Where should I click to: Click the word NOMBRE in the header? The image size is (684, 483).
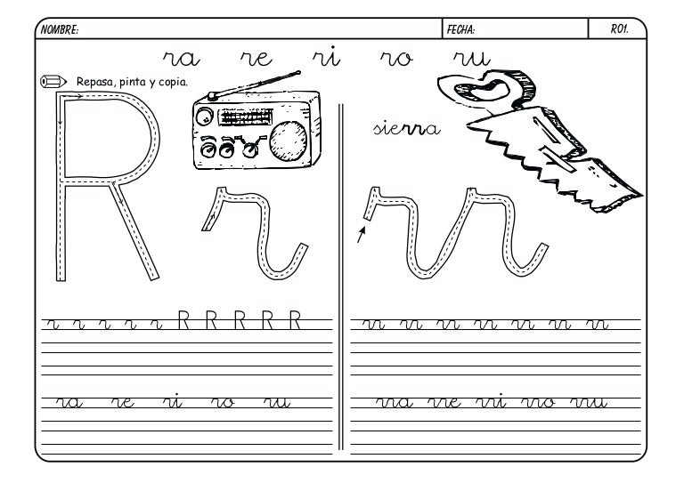(x=59, y=29)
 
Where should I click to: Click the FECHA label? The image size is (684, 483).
(x=460, y=29)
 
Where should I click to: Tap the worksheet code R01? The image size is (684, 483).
(x=619, y=29)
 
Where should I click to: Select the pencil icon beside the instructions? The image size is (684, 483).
(x=53, y=82)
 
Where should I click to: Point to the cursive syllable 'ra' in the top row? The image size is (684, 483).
(x=182, y=59)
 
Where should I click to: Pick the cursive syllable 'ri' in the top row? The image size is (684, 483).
(x=326, y=57)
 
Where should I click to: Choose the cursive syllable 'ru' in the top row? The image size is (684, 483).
(x=472, y=59)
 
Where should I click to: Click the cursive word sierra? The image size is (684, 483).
(x=406, y=128)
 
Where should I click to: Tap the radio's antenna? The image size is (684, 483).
(x=255, y=85)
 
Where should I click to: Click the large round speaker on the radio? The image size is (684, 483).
(x=288, y=141)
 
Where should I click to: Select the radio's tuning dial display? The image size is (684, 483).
(x=245, y=117)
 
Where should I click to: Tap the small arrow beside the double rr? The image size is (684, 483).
(x=362, y=234)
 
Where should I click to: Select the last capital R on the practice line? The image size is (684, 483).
(x=296, y=320)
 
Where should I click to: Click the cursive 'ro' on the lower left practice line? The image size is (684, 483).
(x=223, y=402)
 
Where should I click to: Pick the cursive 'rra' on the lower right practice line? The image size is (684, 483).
(x=395, y=402)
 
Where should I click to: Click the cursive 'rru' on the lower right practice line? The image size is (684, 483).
(x=589, y=402)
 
